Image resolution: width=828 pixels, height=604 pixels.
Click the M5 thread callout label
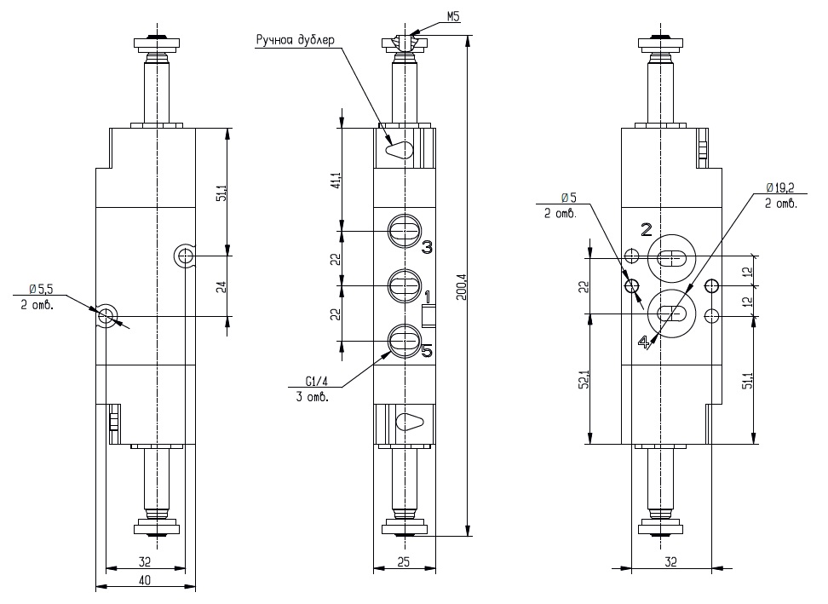[453, 17]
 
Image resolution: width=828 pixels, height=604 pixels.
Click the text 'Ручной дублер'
[296, 40]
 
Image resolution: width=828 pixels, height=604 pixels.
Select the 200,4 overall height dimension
[461, 288]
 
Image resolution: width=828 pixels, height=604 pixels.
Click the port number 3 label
[427, 246]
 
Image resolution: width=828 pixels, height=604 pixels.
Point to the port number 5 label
[427, 350]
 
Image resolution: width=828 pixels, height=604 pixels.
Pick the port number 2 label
[646, 229]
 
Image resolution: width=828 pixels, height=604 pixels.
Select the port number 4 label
[644, 342]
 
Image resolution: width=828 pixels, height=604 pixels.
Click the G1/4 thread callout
[317, 381]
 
